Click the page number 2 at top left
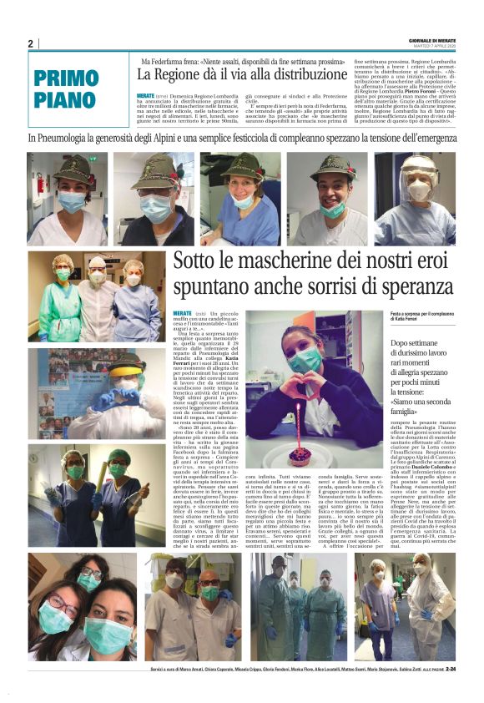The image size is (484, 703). tap(30, 44)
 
